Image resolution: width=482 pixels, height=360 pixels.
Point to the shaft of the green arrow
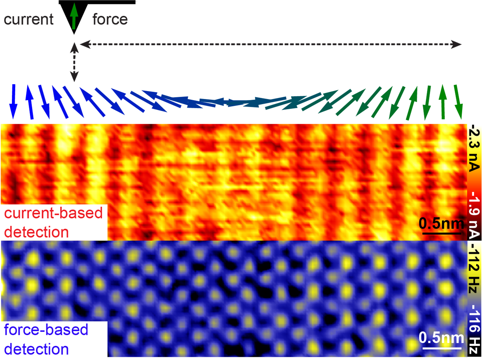coord(74,22)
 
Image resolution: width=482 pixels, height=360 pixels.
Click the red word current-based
coord(53,213)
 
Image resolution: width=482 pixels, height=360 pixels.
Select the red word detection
coord(36,232)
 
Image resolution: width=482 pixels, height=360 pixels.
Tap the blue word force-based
coord(46,330)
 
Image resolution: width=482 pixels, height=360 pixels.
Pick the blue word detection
coord(36,349)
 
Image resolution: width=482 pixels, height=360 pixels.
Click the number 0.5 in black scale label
coord(430,224)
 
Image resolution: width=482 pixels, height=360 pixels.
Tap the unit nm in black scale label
coord(452,224)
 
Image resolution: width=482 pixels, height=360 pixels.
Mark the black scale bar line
coord(441,233)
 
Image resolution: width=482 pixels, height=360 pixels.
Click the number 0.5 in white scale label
coord(430,338)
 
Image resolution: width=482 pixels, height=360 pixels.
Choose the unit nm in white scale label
coord(452,338)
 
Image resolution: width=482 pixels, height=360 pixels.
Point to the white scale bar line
coord(441,348)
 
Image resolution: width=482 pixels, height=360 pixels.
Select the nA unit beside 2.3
coord(475,161)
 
